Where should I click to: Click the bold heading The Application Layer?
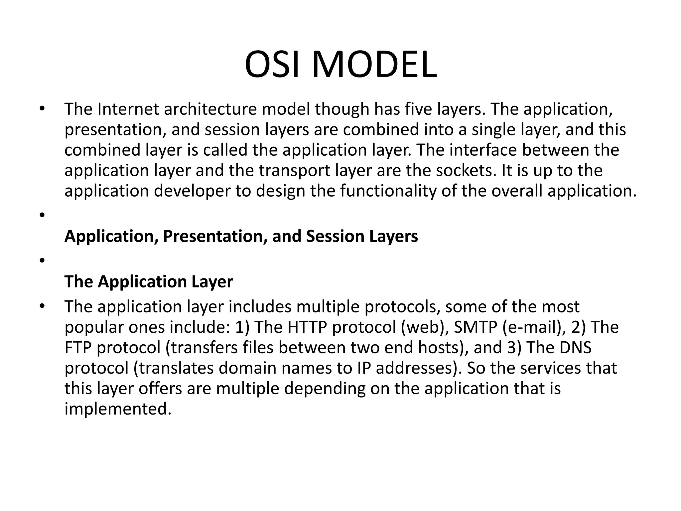click(149, 281)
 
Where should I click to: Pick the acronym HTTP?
click(307, 327)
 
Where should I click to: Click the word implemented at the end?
click(118, 409)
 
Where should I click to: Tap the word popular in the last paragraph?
click(94, 327)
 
